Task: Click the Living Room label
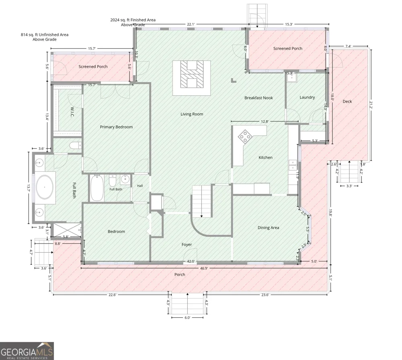point(192,114)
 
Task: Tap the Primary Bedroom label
point(117,127)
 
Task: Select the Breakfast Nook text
point(258,98)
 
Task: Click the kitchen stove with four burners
point(245,136)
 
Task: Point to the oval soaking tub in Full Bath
point(45,187)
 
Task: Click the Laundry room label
point(307,97)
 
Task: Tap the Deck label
point(347,101)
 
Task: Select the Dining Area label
point(269,228)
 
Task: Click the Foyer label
point(187,245)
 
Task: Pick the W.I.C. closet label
point(72,112)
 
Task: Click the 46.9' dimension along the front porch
point(204,268)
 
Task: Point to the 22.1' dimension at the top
point(191,24)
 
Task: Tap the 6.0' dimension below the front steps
point(187,318)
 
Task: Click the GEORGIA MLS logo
point(27,351)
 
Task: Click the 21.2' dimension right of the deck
point(371,105)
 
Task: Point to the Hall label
point(140,186)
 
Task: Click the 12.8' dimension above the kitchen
point(265,121)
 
